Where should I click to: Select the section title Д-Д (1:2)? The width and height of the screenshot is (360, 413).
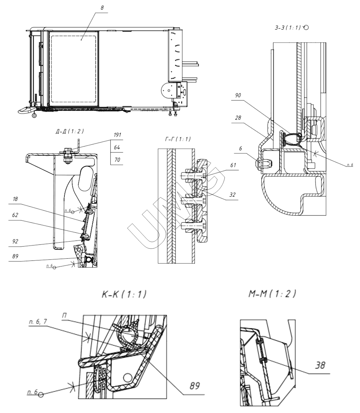tap(70, 131)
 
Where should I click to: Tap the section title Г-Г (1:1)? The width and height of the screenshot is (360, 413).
tap(178, 139)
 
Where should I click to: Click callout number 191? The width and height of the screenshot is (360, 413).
tap(117, 135)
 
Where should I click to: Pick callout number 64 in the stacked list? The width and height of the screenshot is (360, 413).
tap(117, 147)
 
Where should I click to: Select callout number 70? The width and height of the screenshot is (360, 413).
tap(117, 160)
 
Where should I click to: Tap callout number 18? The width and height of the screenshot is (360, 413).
tap(15, 199)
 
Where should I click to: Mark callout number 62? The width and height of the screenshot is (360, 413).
tap(15, 215)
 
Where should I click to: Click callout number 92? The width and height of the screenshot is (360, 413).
tap(15, 241)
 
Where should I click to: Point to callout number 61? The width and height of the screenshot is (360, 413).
tap(233, 165)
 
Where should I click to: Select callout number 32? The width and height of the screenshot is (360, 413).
tap(232, 195)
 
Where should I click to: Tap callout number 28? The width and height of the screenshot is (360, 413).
tap(238, 117)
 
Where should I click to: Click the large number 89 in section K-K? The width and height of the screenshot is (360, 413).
tap(194, 386)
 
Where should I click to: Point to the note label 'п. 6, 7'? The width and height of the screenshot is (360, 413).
tap(38, 321)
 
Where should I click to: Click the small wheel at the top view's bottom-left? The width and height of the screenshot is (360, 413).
tap(34, 116)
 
